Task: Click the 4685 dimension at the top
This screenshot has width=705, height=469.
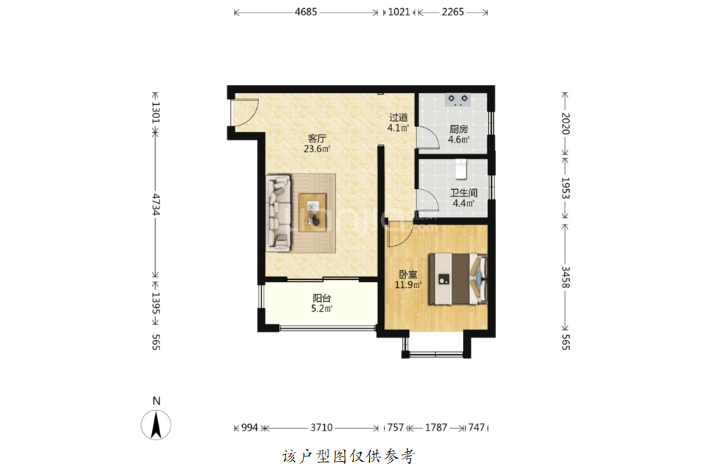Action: tap(306, 12)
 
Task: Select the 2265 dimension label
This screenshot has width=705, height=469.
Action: tap(453, 12)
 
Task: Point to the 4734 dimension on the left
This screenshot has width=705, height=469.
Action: tap(156, 205)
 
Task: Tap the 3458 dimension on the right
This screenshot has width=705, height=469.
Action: tap(565, 277)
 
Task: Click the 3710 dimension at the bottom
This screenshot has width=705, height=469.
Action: tap(321, 427)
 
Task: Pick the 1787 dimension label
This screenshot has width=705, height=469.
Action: tap(436, 427)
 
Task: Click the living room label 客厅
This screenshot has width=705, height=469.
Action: tap(317, 139)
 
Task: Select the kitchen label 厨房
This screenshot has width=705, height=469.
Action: tap(458, 129)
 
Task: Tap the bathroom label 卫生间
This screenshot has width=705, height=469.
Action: tap(464, 193)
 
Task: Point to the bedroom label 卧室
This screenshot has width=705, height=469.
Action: tap(408, 274)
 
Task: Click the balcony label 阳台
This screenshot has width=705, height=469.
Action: tap(322, 298)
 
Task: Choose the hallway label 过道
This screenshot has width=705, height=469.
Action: tap(399, 117)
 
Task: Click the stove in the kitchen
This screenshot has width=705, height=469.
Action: tap(458, 100)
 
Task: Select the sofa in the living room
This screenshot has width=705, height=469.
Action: tap(279, 213)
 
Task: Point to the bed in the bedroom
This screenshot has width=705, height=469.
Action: tap(458, 278)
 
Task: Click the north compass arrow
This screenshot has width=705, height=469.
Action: tap(156, 425)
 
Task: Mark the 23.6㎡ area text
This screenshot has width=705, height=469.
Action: tap(317, 149)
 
